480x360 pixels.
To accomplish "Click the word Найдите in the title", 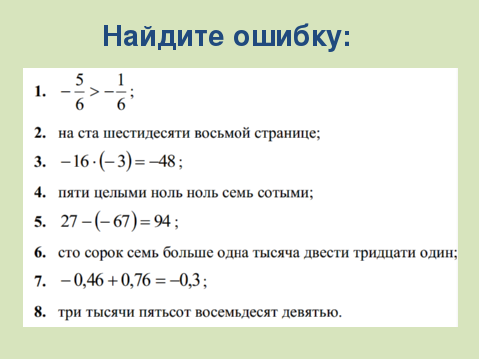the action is tap(163, 36).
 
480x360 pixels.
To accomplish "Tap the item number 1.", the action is tap(40, 91).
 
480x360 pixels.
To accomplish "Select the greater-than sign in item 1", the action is tap(95, 91).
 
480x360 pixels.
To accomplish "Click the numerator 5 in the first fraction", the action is tap(79, 80).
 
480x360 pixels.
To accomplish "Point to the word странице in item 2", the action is tap(287, 133).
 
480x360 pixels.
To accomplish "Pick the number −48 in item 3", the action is tap(162, 162).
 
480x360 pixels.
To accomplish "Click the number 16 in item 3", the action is tap(81, 162).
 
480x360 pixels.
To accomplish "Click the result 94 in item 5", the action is tap(162, 221).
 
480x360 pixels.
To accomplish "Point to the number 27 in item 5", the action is tap(69, 221).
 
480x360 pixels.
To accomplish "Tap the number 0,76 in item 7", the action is tap(136, 280).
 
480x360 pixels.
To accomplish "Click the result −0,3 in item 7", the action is tap(185, 280).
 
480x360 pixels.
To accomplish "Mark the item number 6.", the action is tap(40, 253).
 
